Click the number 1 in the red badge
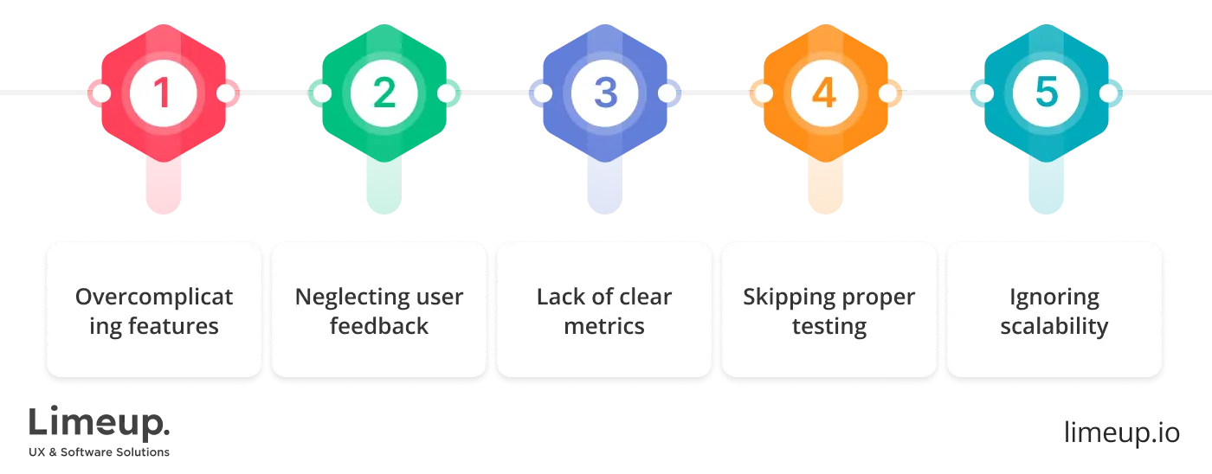tap(163, 93)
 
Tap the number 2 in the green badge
tap(384, 93)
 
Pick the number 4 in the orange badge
tap(825, 93)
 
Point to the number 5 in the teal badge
tap(1046, 93)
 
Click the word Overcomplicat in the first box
tap(154, 298)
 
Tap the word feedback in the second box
tap(379, 327)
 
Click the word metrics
tap(604, 327)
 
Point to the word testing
tap(829, 327)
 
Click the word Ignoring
tap(1054, 298)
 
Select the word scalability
tap(1054, 327)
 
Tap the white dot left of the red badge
tap(101, 93)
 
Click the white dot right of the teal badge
tap(1109, 93)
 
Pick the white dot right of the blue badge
tap(667, 93)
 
